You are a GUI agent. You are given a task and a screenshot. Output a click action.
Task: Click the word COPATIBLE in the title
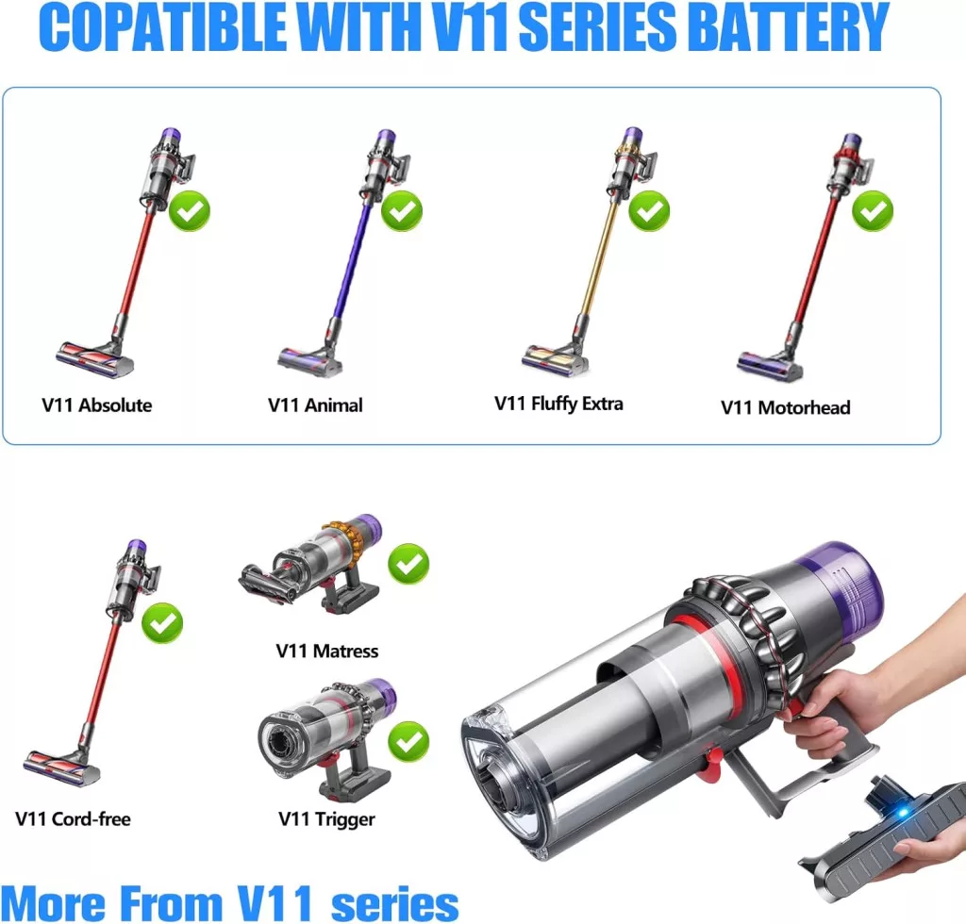click(166, 27)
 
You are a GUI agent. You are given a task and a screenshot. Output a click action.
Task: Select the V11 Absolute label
click(97, 405)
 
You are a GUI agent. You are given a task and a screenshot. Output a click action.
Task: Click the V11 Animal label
click(315, 405)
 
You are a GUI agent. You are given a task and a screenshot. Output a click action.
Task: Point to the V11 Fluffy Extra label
click(558, 404)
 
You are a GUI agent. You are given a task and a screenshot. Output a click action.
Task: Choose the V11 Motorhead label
click(786, 407)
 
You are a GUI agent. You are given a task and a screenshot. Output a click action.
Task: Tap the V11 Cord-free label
click(73, 818)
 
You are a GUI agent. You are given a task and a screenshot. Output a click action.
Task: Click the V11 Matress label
click(327, 651)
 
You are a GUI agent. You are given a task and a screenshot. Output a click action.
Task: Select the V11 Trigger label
click(326, 819)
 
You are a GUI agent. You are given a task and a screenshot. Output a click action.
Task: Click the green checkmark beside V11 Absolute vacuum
click(189, 211)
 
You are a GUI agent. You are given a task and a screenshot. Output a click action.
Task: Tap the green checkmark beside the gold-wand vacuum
click(649, 211)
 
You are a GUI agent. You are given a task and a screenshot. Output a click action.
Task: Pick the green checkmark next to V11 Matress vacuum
click(408, 564)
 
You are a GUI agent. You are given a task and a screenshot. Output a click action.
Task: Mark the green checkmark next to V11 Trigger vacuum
click(408, 742)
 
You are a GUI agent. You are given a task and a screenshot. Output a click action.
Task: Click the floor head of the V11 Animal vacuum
click(309, 362)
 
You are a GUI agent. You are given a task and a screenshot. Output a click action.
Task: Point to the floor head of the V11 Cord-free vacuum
click(61, 766)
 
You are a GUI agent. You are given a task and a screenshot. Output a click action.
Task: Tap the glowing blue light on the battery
click(903, 813)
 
